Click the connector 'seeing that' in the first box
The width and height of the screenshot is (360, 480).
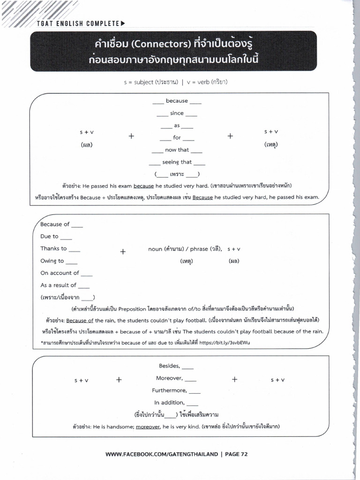point(177,162)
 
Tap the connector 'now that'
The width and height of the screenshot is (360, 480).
point(177,150)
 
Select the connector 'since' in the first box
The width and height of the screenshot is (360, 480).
point(177,113)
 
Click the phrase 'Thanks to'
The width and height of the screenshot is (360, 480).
point(53,248)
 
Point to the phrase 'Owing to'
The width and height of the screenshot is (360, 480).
point(52,261)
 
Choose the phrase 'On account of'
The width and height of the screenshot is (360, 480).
point(60,273)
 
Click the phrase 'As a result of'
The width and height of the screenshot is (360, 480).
point(58,285)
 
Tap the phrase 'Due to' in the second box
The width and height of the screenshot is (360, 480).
point(49,236)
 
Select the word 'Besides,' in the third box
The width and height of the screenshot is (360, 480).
point(170,366)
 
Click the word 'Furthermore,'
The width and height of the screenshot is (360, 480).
point(169,390)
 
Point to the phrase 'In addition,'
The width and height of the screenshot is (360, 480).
point(170,402)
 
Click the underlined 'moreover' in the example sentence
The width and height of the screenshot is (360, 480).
point(148,427)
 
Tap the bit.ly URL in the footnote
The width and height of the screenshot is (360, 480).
point(225,343)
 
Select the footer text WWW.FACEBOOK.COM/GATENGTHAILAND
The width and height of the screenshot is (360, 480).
point(162,454)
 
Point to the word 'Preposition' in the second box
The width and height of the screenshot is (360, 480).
point(133,309)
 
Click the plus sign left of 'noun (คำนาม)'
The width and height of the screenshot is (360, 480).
point(123,252)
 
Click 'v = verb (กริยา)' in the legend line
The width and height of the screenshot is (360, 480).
point(207,82)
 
